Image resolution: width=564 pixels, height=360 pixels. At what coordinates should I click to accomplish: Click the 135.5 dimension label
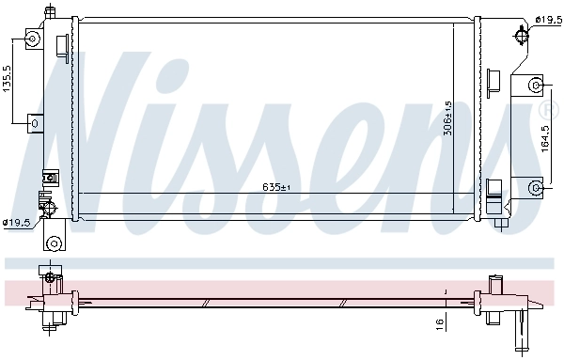pyautogui.click(x=8, y=81)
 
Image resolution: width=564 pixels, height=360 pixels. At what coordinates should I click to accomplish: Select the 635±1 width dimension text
pyautogui.click(x=275, y=187)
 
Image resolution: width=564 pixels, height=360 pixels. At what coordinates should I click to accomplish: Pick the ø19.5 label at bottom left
pyautogui.click(x=17, y=223)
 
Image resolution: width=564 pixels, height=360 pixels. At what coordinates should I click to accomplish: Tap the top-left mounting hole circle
pyautogui.click(x=33, y=39)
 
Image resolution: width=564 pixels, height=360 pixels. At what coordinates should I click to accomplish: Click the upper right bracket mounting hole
pyautogui.click(x=536, y=86)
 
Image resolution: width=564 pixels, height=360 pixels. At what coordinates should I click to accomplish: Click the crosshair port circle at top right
pyautogui.click(x=523, y=37)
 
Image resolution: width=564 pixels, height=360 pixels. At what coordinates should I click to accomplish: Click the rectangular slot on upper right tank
pyautogui.click(x=493, y=78)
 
